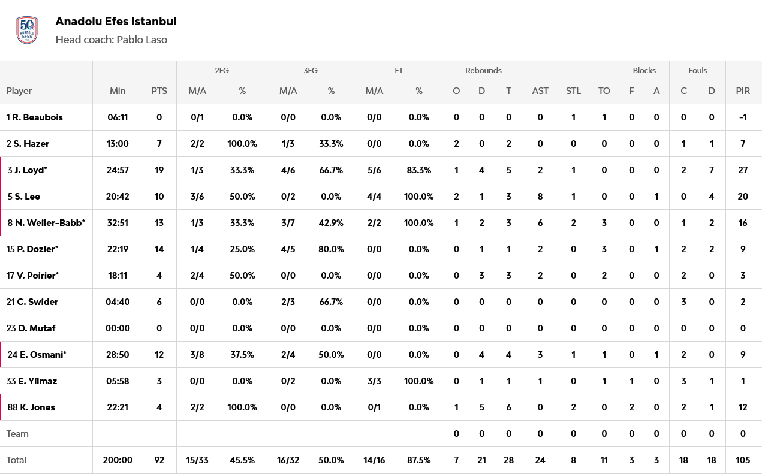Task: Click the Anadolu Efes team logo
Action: (x=27, y=30)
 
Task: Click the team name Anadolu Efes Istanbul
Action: (x=116, y=22)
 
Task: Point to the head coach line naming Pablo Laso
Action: (x=111, y=40)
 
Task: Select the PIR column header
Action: (x=743, y=91)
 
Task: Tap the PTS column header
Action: (x=159, y=91)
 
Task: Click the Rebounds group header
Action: (x=483, y=71)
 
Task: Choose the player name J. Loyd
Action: (x=30, y=170)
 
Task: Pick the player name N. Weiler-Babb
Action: (x=49, y=223)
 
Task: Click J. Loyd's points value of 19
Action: (x=159, y=170)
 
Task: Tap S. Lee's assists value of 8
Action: (x=540, y=197)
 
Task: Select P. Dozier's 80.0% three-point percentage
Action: (x=331, y=249)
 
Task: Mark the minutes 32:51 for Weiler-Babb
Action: (x=118, y=223)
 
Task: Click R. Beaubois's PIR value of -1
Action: (x=743, y=117)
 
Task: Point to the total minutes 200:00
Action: (x=118, y=460)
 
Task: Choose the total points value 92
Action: (x=159, y=460)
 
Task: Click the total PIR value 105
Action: (x=743, y=460)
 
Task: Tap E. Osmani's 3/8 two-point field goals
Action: (x=198, y=355)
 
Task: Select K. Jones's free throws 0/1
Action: (x=375, y=407)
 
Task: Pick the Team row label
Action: (x=17, y=434)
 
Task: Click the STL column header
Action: (x=573, y=91)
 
